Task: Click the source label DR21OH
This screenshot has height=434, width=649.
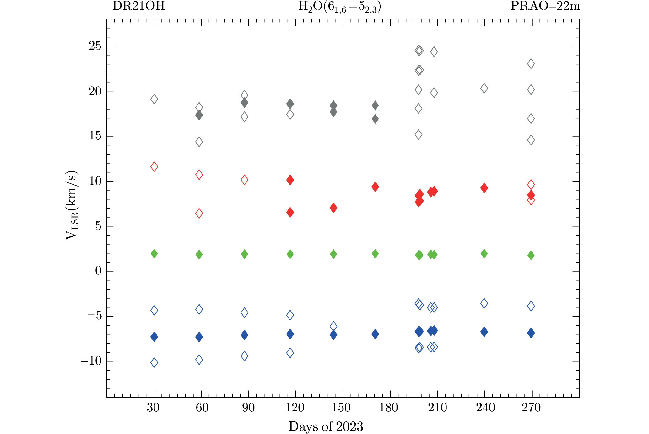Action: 138,6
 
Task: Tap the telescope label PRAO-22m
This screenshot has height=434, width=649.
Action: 545,6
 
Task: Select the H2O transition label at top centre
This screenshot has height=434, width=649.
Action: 339,7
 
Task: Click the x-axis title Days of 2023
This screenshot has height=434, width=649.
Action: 326,426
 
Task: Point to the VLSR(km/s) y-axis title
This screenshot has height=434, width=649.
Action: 72,206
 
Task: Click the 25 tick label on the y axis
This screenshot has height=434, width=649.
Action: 95,46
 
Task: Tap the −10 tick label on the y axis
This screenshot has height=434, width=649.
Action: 91,361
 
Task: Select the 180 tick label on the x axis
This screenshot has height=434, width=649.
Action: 388,408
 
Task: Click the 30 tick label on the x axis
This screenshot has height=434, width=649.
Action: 153,408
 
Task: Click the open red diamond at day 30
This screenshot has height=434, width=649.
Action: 154,167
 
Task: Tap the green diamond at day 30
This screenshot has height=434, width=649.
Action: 154,253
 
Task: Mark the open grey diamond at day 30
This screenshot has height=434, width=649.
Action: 154,99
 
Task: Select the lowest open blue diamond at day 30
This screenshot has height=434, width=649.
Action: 154,363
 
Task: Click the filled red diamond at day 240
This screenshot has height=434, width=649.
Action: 484,188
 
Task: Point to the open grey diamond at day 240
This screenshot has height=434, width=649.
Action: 484,89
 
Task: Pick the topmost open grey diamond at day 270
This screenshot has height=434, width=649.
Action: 531,64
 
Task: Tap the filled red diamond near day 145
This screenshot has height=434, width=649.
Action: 333,208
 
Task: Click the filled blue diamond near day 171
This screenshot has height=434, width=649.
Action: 375,334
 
